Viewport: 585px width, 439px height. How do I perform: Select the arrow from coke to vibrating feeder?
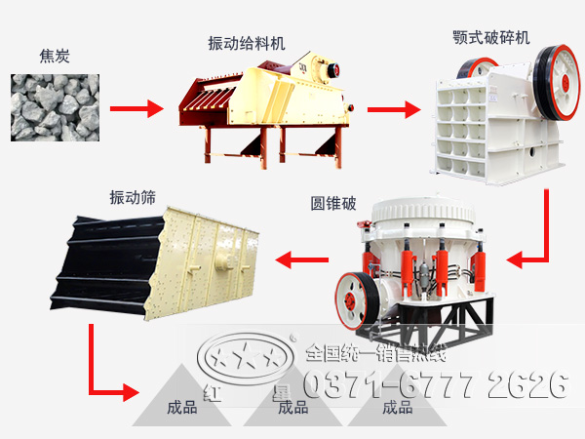[x=132, y=107]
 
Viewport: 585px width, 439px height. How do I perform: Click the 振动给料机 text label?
[x=248, y=44]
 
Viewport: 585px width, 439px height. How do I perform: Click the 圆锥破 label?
[x=333, y=205]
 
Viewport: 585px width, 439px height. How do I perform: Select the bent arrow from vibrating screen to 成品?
[x=107, y=371]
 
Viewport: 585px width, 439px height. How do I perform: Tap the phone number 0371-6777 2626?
[x=434, y=383]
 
